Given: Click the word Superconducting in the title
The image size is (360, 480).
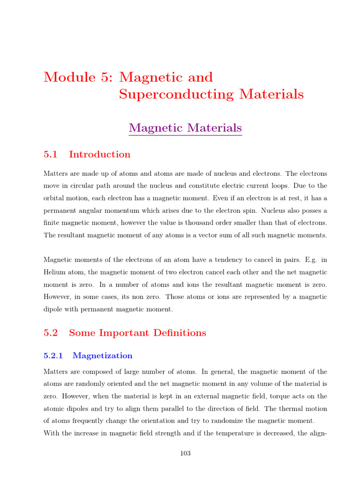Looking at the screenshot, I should pyautogui.click(x=176, y=94).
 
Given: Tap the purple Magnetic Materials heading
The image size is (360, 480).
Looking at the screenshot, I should pyautogui.click(x=185, y=127).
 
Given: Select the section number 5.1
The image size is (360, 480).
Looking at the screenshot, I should pyautogui.click(x=50, y=155).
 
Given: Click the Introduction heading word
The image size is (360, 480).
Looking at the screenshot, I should pyautogui.click(x=99, y=155).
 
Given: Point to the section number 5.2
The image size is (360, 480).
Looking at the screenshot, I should pyautogui.click(x=50, y=333).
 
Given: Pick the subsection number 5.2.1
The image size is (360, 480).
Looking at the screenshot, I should pyautogui.click(x=53, y=356).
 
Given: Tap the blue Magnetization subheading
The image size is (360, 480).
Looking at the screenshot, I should pyautogui.click(x=103, y=356).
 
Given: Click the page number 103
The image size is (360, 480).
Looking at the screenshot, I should pyautogui.click(x=185, y=453).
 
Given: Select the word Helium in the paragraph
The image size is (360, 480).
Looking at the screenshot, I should pyautogui.click(x=54, y=272).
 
